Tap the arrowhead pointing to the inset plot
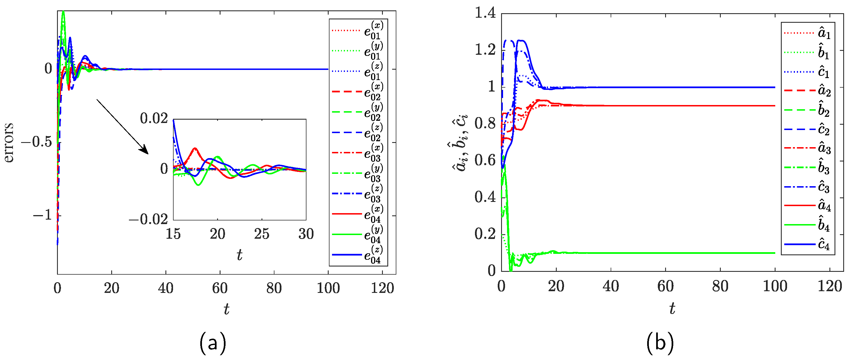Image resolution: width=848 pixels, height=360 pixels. point(145,151)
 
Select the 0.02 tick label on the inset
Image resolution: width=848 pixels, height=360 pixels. point(154,119)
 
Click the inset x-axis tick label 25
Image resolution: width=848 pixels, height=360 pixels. point(262,234)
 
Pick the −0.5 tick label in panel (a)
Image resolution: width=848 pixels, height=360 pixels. point(37,142)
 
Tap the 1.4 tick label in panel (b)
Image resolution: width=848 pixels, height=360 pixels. point(485,13)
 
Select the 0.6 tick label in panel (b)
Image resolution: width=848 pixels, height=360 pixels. point(485,160)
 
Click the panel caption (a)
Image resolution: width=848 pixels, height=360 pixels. point(213,343)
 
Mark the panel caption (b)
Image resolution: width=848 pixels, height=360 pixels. point(660,343)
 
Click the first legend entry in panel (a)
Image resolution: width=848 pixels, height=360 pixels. point(358,31)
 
